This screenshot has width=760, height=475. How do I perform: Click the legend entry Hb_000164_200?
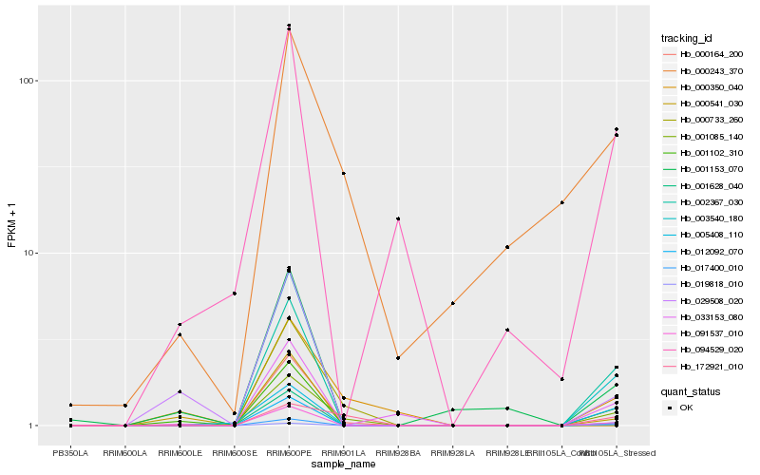coord(704,54)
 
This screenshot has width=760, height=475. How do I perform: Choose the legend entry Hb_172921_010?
coord(704,366)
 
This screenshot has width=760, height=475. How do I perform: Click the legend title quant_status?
coord(691,390)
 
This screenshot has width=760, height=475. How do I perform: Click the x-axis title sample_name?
coord(343,465)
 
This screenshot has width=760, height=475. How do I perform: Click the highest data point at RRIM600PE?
coord(289,26)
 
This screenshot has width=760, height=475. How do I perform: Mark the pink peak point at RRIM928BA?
coord(398,218)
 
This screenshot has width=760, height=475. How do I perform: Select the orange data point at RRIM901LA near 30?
coord(344,173)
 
